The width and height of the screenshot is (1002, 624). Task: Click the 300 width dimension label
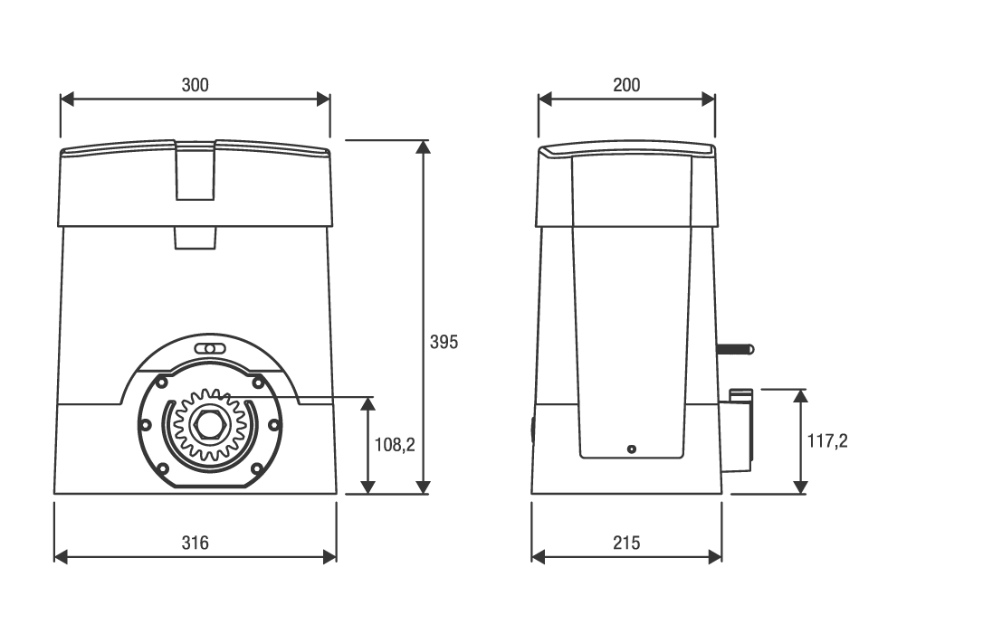pyautogui.click(x=195, y=85)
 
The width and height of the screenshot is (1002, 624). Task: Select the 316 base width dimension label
pyautogui.click(x=195, y=543)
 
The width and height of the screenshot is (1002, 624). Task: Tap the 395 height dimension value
pyautogui.click(x=444, y=343)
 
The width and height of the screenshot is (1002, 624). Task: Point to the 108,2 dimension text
pyautogui.click(x=395, y=445)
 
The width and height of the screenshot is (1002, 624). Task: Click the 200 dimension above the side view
pyautogui.click(x=626, y=85)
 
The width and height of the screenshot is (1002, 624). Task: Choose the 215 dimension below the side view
pyautogui.click(x=626, y=543)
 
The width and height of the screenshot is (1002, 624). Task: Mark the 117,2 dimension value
pyautogui.click(x=827, y=440)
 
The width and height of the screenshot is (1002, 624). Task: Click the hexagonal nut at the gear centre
pyautogui.click(x=209, y=425)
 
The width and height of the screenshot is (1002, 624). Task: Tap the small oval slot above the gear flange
pyautogui.click(x=210, y=349)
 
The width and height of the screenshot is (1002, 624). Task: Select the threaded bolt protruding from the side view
pyautogui.click(x=735, y=349)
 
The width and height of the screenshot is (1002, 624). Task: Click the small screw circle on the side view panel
pyautogui.click(x=632, y=449)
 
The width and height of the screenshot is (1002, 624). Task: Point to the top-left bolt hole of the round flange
pyautogui.click(x=162, y=382)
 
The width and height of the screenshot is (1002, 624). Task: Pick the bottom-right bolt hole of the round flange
pyautogui.click(x=257, y=469)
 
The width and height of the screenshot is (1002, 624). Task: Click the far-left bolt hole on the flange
pyautogui.click(x=146, y=425)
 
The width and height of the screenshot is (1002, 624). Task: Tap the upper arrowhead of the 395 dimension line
pyautogui.click(x=423, y=147)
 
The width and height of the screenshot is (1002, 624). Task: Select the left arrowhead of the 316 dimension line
pyautogui.click(x=61, y=557)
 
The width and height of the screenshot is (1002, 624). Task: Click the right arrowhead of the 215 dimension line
pyautogui.click(x=715, y=557)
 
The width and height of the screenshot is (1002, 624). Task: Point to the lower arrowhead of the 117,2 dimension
pyautogui.click(x=800, y=487)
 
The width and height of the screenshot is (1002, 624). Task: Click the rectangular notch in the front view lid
pyautogui.click(x=195, y=171)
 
